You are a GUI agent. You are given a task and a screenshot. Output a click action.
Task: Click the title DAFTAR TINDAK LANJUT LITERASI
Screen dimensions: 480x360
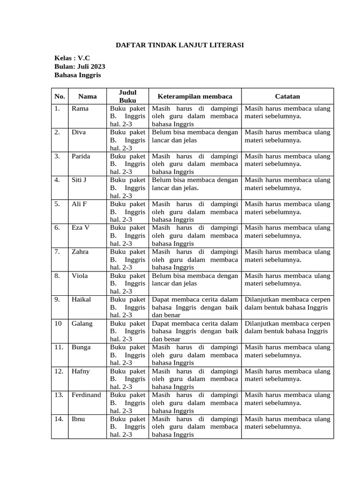(180, 45)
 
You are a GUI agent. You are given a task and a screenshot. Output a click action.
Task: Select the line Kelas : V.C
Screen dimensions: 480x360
(72, 58)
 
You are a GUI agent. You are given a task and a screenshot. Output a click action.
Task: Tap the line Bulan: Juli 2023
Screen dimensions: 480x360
(80, 67)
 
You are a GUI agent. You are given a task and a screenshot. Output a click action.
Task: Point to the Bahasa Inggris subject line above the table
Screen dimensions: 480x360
(77, 75)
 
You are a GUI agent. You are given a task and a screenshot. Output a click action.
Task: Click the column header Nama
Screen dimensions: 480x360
(88, 96)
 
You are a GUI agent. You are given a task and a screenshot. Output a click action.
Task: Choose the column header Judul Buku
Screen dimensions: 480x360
(127, 96)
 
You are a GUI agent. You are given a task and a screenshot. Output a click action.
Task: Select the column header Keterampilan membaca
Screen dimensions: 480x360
(195, 96)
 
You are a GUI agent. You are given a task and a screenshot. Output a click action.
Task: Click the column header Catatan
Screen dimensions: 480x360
(287, 96)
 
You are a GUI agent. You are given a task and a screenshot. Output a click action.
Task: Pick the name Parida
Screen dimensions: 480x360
(81, 157)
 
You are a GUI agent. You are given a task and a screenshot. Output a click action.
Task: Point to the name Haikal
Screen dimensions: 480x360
(81, 300)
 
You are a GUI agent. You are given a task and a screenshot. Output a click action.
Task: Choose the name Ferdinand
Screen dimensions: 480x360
(86, 395)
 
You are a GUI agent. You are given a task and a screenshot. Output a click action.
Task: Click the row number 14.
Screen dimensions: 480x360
(59, 419)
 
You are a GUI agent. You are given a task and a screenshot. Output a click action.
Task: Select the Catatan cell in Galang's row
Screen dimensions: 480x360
(287, 328)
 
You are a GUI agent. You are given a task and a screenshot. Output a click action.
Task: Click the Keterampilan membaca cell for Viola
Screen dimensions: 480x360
(195, 280)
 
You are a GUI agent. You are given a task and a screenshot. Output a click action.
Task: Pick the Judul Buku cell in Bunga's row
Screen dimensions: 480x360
(127, 355)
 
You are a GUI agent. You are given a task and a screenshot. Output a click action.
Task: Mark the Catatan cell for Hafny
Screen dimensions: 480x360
(287, 375)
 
